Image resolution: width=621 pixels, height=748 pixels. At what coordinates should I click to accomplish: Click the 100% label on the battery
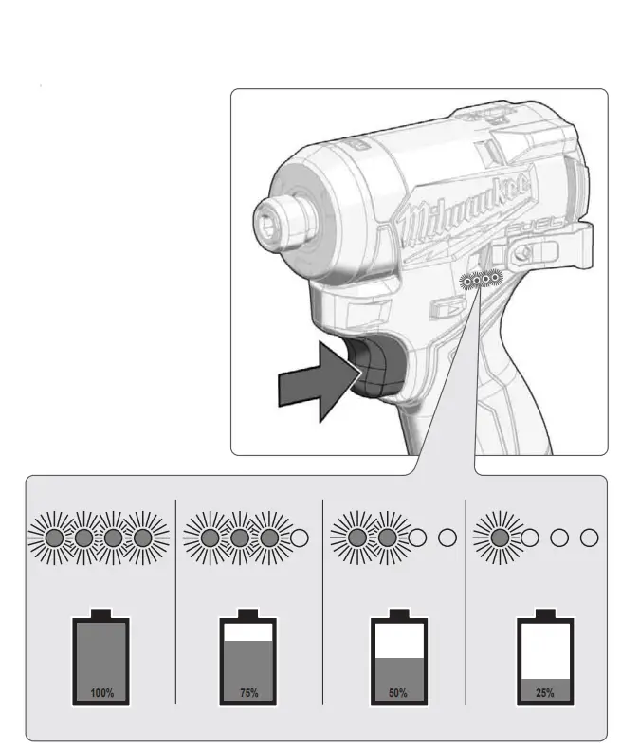[x=101, y=693]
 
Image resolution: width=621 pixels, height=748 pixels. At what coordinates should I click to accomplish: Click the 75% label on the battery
[x=248, y=693]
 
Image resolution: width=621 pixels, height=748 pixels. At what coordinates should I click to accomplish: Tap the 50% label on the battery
[x=398, y=693]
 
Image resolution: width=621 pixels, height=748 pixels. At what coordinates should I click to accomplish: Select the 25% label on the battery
[x=545, y=693]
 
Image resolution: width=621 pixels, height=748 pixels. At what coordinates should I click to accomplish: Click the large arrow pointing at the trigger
[x=314, y=383]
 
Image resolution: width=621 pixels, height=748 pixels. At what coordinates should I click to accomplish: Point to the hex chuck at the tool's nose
[x=272, y=225]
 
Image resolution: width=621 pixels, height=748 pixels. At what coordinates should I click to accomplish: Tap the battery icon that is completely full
[x=101, y=661]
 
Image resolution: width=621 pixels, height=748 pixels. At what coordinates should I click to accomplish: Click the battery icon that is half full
[x=398, y=661]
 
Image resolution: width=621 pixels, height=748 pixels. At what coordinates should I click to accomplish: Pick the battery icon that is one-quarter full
[x=545, y=661]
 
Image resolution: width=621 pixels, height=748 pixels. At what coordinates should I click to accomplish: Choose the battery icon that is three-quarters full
[x=248, y=661]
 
